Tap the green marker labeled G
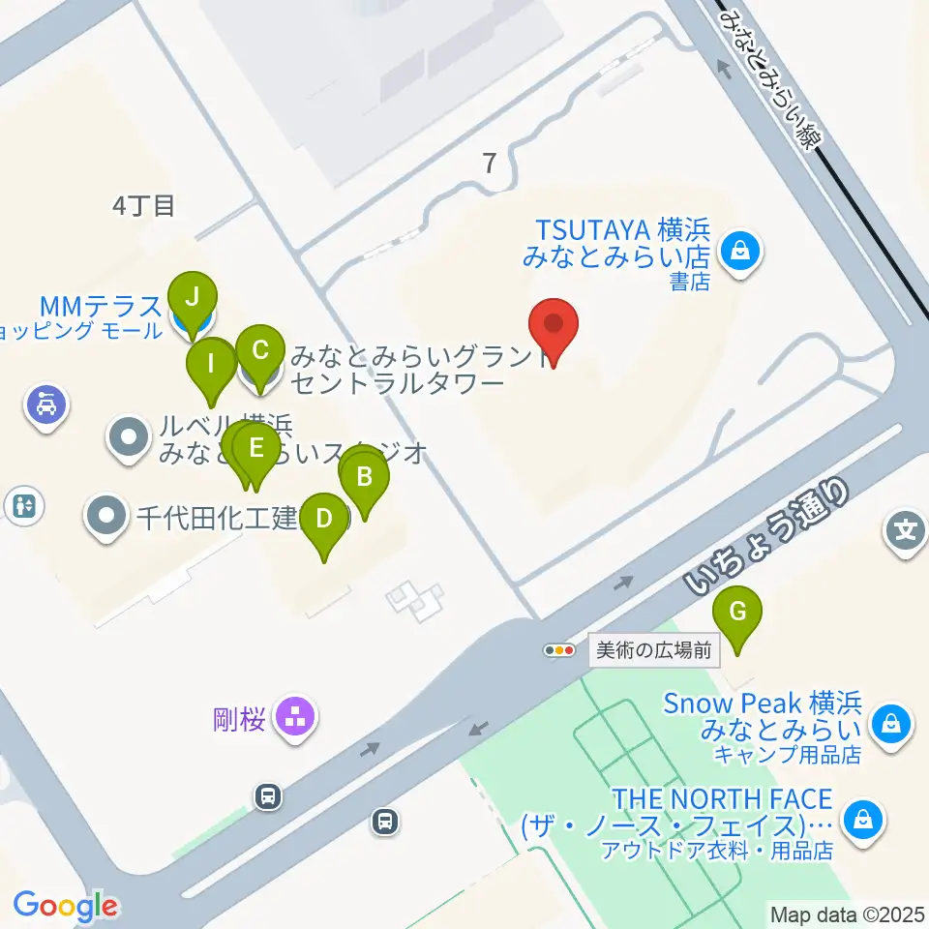click(x=737, y=614)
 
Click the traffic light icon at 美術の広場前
click(x=559, y=650)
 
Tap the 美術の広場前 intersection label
click(x=655, y=650)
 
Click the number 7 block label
click(x=491, y=164)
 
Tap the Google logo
click(x=65, y=906)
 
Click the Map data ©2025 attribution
click(x=846, y=913)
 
